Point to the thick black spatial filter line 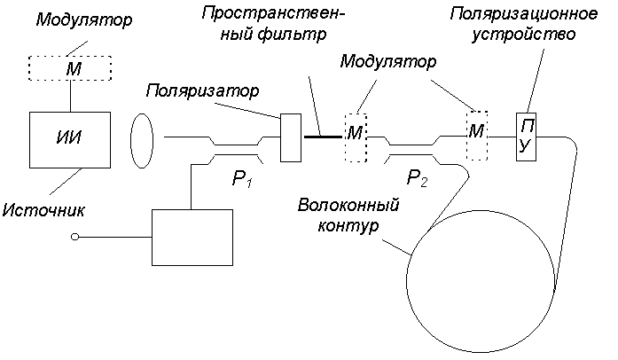[324, 137]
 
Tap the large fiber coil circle [406, 281]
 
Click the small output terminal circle [74, 237]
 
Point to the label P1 [242, 179]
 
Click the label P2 [417, 178]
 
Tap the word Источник [43, 210]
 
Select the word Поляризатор [202, 91]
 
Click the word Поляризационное [524, 14]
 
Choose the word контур [348, 225]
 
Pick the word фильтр [292, 35]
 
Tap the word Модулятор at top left [84, 20]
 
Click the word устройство [524, 35]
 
